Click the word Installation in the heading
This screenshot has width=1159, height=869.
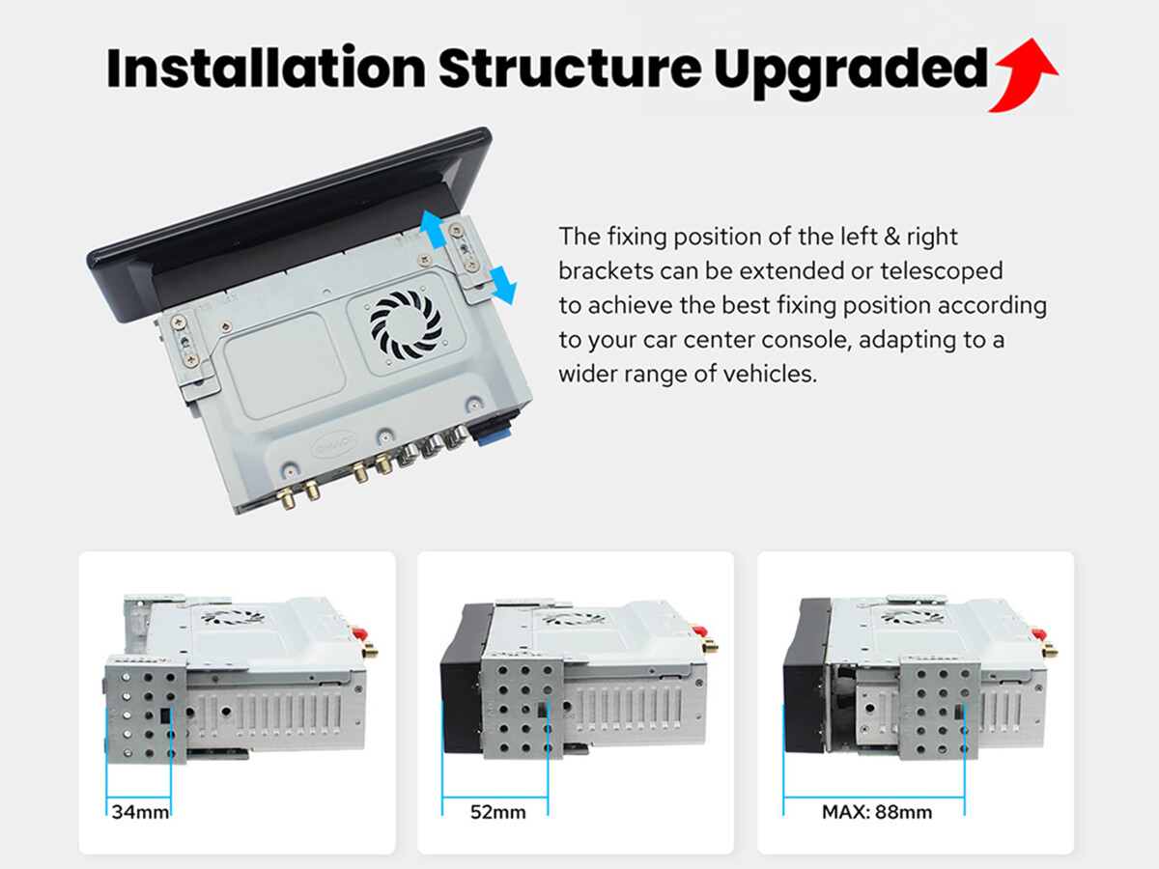coord(267,68)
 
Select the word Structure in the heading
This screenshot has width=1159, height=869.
coord(570,68)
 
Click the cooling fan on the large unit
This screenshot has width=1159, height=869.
coord(406,325)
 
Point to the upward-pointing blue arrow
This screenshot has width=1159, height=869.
coord(432,230)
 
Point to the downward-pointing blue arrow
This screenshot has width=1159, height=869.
coord(503,285)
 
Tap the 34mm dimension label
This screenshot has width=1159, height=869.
coord(140,811)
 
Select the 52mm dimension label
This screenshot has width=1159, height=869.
coord(498,811)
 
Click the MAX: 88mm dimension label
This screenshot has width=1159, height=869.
coord(877,811)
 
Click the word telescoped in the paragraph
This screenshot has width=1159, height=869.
coord(942,271)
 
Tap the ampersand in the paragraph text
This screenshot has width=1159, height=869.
coord(891,237)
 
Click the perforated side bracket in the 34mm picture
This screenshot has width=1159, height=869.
coord(146,710)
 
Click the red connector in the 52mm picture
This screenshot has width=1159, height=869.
coord(700,631)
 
